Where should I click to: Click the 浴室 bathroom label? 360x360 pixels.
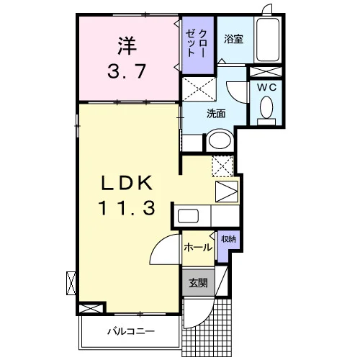[233, 39]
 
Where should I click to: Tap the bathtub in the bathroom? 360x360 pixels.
[268, 40]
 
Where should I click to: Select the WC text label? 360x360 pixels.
[266, 87]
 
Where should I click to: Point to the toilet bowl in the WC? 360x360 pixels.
[266, 107]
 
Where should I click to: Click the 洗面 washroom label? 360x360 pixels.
[216, 114]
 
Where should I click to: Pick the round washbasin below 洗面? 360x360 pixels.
[220, 140]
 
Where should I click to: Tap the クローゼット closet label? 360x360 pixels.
[197, 43]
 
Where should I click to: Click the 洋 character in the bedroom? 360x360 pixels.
[127, 45]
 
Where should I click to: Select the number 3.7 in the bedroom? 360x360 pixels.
[127, 71]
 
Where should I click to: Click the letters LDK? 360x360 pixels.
[127, 183]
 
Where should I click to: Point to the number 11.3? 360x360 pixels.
[127, 208]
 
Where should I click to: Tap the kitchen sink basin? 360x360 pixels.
[188, 216]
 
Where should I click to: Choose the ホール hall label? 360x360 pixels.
[198, 247]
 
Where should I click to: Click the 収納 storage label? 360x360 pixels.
[228, 239]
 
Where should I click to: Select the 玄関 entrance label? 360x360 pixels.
[198, 283]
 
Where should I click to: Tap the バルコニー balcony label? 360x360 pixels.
[131, 332]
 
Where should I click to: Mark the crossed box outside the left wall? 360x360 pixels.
[71, 283]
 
